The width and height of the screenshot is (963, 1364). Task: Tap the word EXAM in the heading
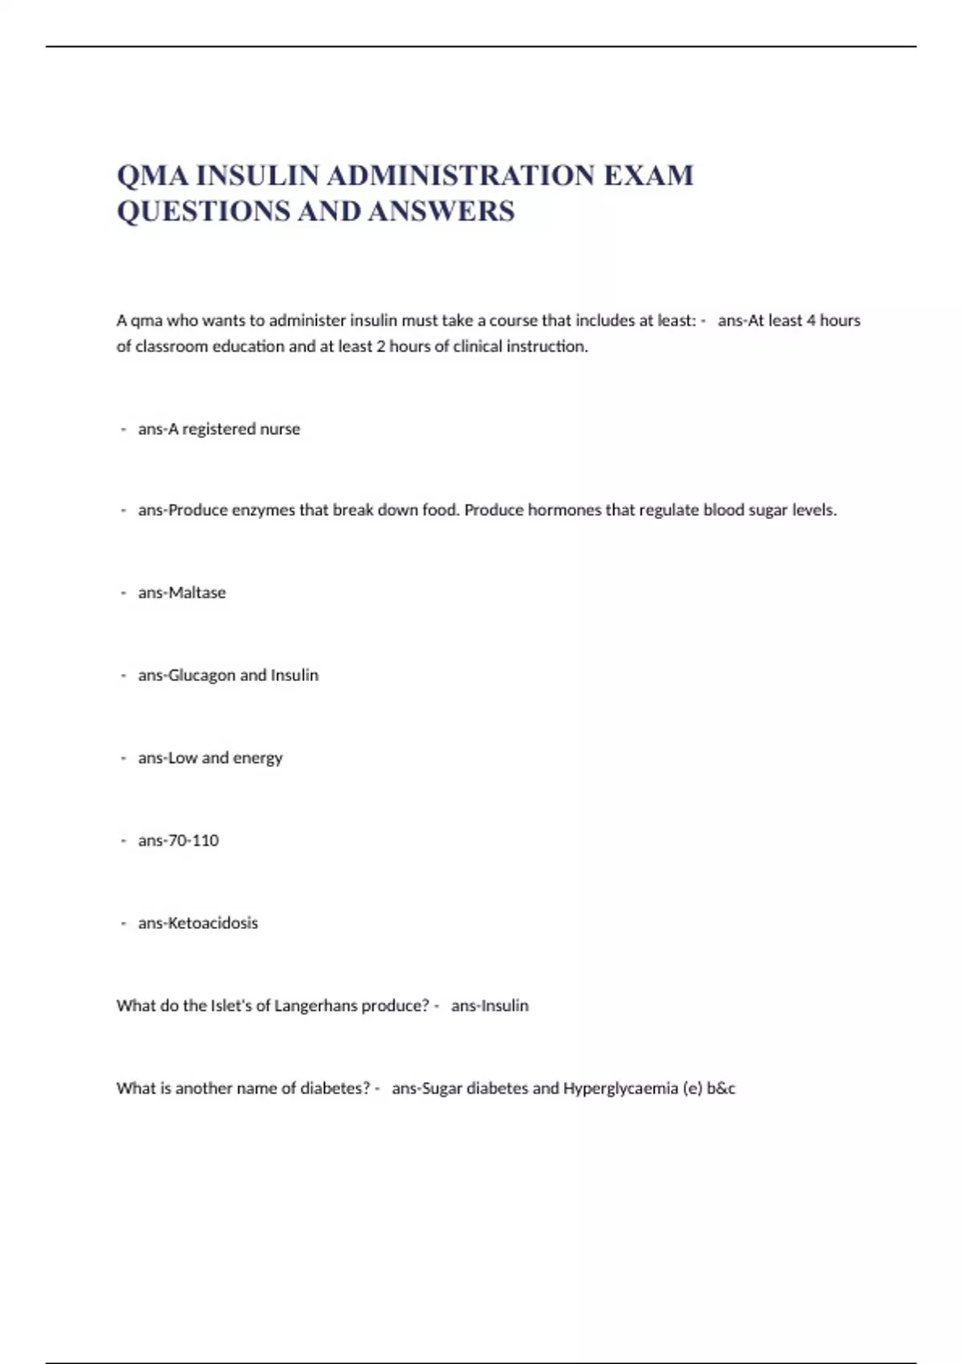point(648,176)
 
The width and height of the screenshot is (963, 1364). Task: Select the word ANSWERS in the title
point(441,212)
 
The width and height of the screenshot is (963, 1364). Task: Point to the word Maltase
point(197,593)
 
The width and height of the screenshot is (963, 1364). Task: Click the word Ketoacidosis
point(213,924)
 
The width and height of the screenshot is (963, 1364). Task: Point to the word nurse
point(279,429)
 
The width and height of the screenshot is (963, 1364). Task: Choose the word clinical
point(478,347)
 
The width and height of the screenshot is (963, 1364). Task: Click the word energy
point(258,758)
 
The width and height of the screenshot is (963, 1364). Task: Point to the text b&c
point(721,1089)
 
